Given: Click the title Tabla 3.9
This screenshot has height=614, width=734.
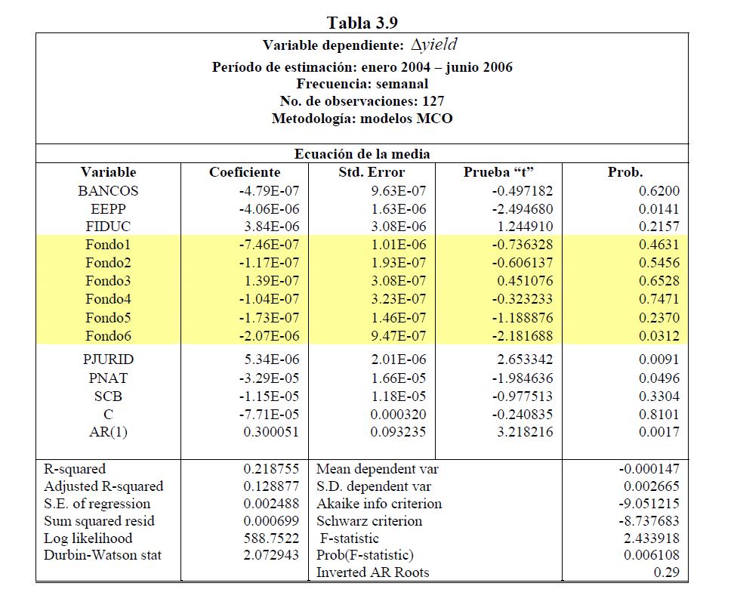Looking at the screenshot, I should [x=362, y=21].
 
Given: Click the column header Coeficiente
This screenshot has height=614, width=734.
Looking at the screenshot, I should [x=245, y=172].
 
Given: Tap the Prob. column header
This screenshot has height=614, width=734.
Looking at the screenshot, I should [x=625, y=172].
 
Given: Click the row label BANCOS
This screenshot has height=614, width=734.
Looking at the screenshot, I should [x=108, y=191].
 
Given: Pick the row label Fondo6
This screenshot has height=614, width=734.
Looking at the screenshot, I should [x=108, y=336].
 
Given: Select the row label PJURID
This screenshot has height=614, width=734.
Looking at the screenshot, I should [x=108, y=359].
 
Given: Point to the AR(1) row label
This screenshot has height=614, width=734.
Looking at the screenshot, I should [x=108, y=432].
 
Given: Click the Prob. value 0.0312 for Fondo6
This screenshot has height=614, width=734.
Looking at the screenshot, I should [x=658, y=336].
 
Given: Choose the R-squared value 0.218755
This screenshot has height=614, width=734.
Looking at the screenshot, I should [x=271, y=469].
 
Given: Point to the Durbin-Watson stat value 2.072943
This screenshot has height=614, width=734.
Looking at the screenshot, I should [x=271, y=555].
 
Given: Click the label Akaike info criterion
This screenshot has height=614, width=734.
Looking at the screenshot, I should [x=379, y=504].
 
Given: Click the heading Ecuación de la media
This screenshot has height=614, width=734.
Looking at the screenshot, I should [x=362, y=154].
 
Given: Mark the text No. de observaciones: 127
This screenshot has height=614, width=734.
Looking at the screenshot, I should [x=362, y=101].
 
